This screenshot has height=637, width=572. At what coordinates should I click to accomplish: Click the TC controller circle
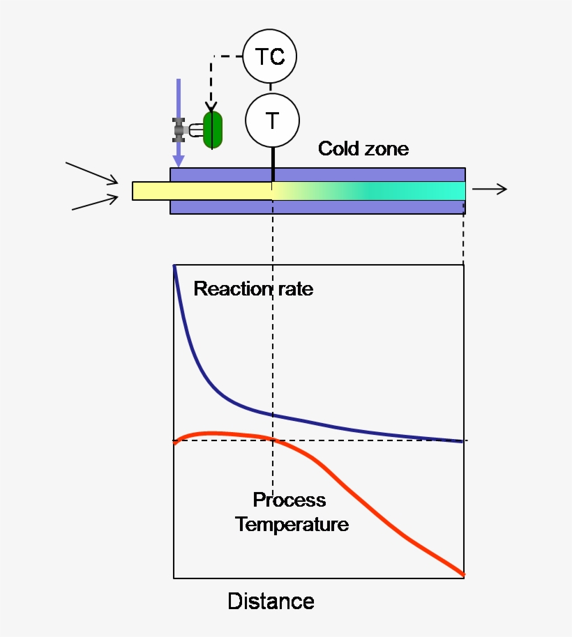270,56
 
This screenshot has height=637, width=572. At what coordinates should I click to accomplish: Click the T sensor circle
272,121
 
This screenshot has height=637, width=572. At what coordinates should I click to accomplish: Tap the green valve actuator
212,130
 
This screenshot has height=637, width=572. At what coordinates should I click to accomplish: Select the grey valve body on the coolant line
180,130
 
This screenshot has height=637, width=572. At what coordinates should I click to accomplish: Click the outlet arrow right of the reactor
489,190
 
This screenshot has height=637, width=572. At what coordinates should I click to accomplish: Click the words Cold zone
363,148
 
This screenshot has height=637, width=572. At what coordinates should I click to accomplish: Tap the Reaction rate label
253,289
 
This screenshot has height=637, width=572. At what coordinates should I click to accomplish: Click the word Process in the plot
289,500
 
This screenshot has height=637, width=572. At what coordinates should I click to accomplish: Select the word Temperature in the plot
292,524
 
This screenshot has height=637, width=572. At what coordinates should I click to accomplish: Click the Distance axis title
271,601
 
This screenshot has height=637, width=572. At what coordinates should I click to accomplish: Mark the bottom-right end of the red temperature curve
462,574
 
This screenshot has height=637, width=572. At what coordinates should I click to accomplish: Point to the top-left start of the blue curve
174,268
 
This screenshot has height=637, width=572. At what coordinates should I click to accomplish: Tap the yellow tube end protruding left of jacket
151,190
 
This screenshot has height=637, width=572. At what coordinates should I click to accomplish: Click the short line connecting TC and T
271,88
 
